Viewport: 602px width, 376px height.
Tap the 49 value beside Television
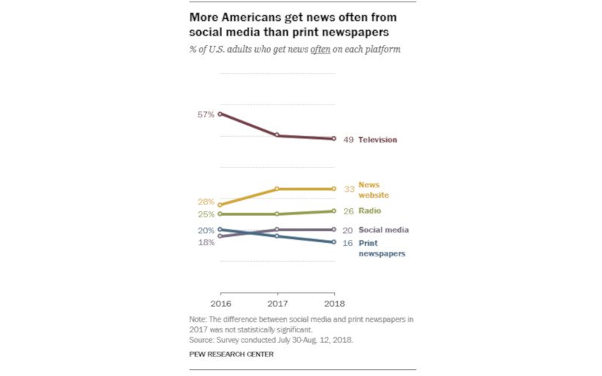(348, 140)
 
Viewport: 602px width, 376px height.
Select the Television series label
(377, 140)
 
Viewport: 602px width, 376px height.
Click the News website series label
(373, 190)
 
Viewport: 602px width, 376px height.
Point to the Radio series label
(369, 211)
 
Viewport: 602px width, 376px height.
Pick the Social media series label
(383, 230)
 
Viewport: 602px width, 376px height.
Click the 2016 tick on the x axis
(220, 303)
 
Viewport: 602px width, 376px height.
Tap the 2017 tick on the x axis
(277, 303)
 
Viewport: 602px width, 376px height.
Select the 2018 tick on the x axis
(333, 303)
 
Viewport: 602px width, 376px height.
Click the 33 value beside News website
(348, 190)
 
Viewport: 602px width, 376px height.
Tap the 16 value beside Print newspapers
(348, 244)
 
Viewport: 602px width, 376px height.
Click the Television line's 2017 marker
(277, 135)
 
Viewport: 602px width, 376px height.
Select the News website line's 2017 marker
(277, 189)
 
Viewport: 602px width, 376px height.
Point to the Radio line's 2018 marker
(333, 211)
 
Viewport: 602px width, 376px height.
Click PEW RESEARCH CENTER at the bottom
(232, 353)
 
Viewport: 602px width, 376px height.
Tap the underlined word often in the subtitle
(321, 50)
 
